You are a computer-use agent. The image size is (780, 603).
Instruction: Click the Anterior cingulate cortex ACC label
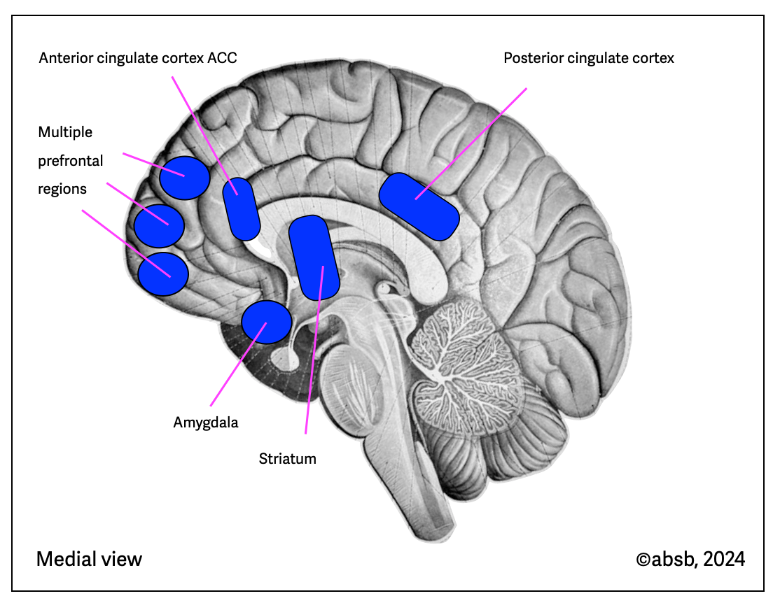(138, 58)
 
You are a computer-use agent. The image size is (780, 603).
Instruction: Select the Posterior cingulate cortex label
(589, 58)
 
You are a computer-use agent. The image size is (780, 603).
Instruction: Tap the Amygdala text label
(206, 423)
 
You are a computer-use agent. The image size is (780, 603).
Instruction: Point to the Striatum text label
(288, 459)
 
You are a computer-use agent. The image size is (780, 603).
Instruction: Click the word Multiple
(65, 132)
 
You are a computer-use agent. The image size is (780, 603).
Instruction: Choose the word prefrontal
(71, 161)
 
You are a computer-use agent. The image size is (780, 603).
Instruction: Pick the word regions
(62, 189)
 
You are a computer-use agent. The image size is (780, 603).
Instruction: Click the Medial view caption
(89, 559)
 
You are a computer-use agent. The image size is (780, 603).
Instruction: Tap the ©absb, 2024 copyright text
(690, 559)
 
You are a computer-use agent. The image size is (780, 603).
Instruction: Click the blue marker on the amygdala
(266, 322)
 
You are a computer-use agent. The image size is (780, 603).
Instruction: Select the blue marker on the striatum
(314, 257)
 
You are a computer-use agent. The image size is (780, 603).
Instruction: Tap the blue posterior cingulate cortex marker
(419, 206)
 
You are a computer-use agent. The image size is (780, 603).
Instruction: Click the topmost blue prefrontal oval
(185, 178)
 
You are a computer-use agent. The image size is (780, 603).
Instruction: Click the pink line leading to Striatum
(309, 385)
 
